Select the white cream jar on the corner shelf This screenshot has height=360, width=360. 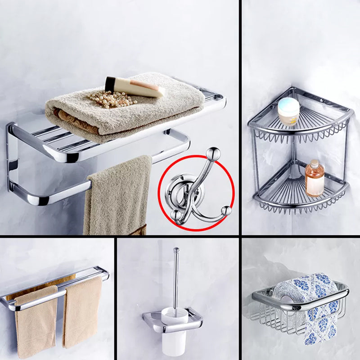pos(288,111)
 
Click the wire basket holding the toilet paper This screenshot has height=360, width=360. pos(270,315)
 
